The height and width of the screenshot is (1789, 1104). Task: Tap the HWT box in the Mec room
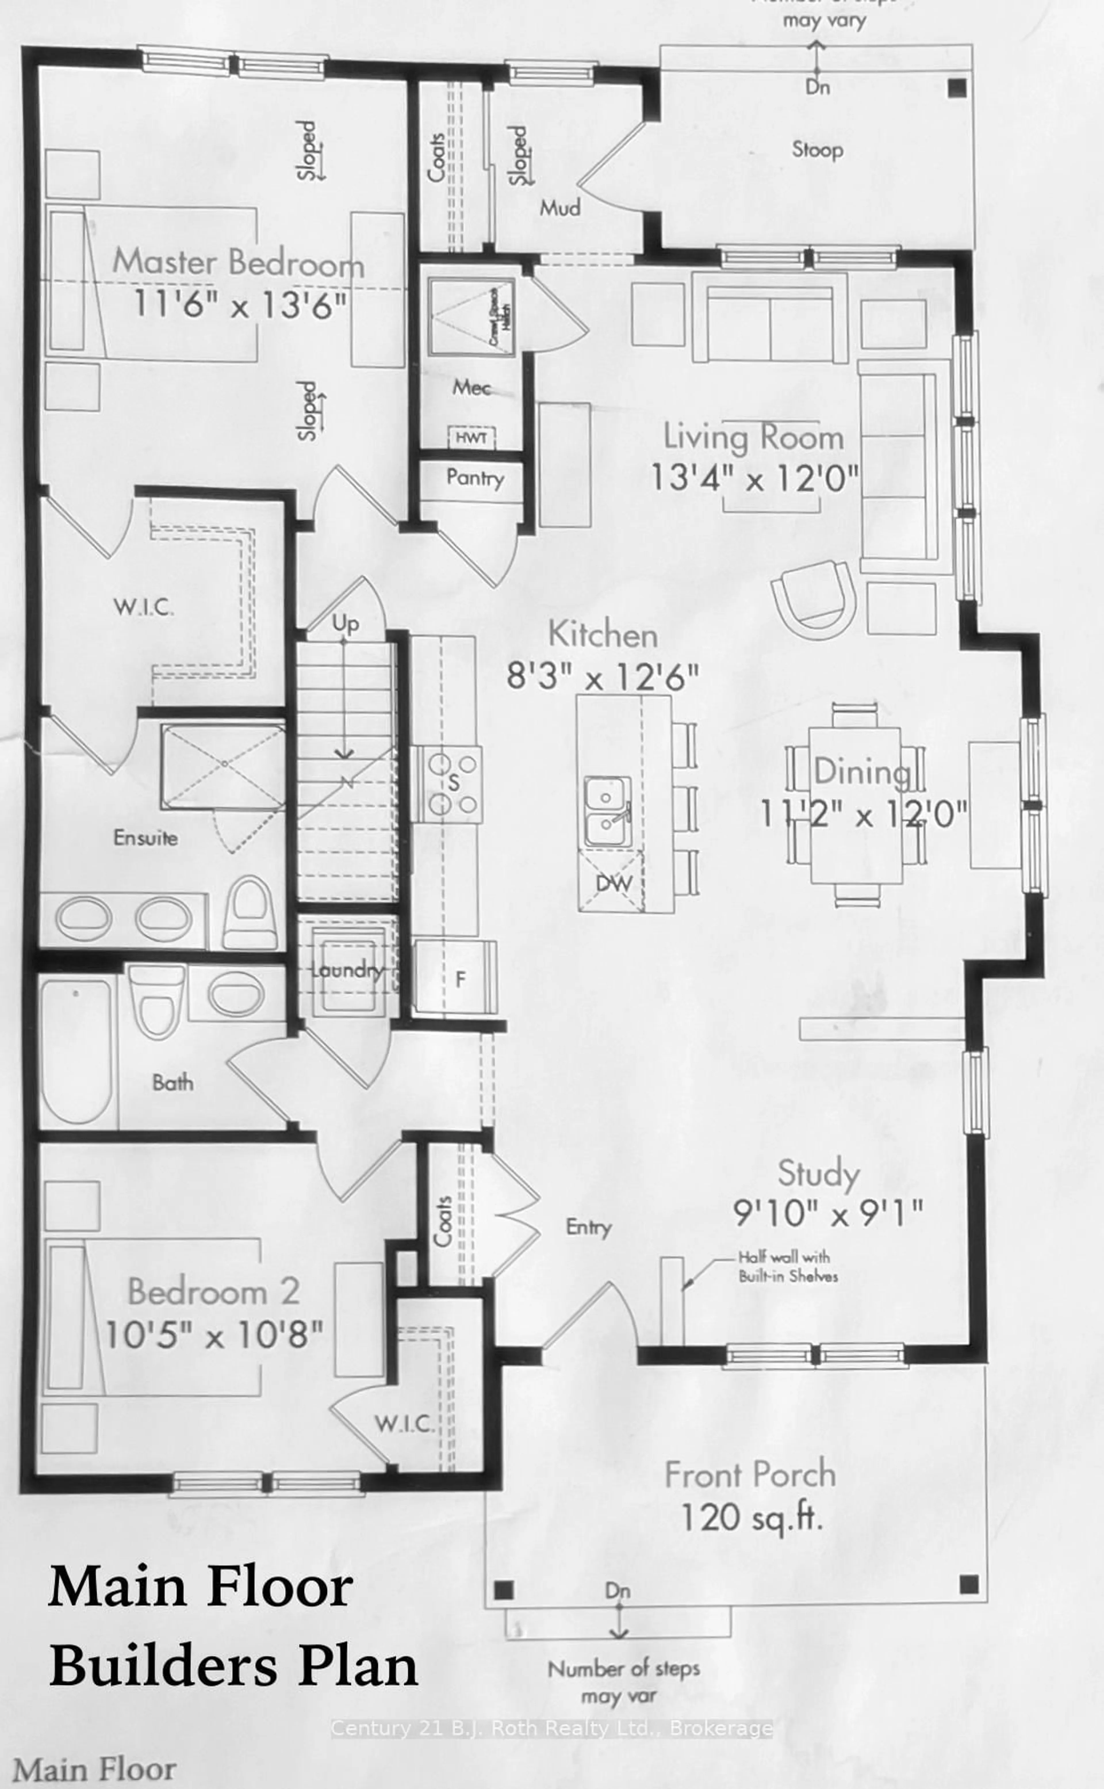pos(471,437)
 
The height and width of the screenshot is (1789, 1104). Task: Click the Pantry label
pos(475,478)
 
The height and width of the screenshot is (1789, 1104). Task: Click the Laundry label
pos(347,970)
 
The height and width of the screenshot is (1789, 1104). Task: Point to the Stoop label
pos(817,150)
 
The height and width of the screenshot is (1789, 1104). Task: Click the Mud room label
pos(560,208)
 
